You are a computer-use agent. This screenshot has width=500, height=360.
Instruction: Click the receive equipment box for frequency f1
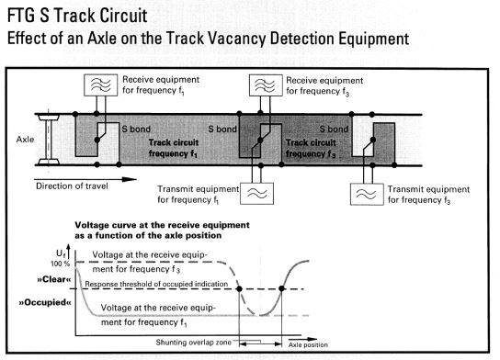pyautogui.click(x=100, y=85)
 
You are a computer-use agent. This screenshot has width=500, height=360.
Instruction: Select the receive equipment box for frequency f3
pyautogui.click(x=266, y=85)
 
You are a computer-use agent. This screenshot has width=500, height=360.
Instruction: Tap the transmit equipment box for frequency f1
pyautogui.click(x=256, y=194)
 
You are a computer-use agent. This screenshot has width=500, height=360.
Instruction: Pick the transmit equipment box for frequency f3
pyautogui.click(x=367, y=194)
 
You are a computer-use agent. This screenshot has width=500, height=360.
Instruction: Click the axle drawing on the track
pyautogui.click(x=49, y=140)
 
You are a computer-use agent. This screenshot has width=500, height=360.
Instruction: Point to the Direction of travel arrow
pyautogui.click(x=85, y=179)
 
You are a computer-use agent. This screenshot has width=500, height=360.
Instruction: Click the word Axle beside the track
pyautogui.click(x=25, y=140)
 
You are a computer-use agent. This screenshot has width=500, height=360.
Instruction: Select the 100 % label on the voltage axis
pyautogui.click(x=60, y=264)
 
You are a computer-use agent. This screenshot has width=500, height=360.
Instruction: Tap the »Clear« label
pyautogui.click(x=54, y=279)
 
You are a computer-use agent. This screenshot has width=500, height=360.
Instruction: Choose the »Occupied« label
pyautogui.click(x=45, y=302)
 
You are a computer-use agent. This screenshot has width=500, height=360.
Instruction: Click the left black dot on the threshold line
pyautogui.click(x=239, y=289)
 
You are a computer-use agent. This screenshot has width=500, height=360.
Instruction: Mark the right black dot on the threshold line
pyautogui.click(x=281, y=288)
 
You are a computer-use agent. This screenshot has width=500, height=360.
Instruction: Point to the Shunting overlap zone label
pyautogui.click(x=194, y=343)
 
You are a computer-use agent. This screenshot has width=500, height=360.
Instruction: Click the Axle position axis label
pyautogui.click(x=308, y=345)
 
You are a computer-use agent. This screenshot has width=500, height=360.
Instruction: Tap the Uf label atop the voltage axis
pyautogui.click(x=61, y=253)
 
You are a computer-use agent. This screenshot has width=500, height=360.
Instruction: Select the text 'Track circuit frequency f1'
pyautogui.click(x=174, y=148)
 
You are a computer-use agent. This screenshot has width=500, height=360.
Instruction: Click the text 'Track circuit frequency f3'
pyautogui.click(x=311, y=148)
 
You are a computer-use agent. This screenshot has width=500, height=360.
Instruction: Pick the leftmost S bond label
pyautogui.click(x=136, y=129)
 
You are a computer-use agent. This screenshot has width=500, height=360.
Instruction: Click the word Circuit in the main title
pyautogui.click(x=123, y=16)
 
